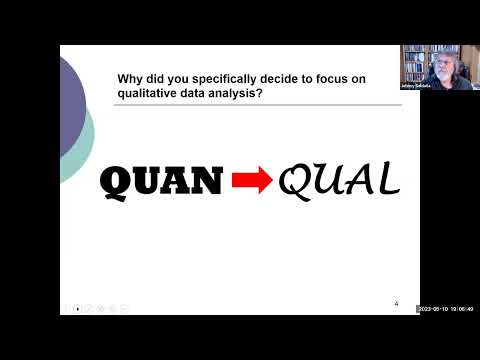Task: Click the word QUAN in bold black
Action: pos(163,181)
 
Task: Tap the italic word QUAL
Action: pos(339,180)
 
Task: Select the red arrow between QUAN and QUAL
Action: pos(253,182)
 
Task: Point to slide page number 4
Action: pos(396,304)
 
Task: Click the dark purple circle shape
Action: pos(70,100)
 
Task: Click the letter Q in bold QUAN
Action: pos(119,182)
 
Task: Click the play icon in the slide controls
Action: pos(77,308)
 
